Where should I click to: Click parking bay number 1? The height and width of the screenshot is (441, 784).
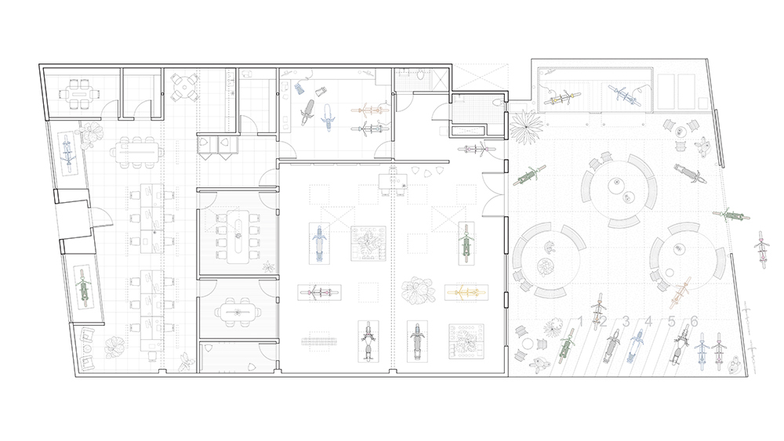coord(581,321)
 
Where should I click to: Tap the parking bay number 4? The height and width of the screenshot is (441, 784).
coord(648,321)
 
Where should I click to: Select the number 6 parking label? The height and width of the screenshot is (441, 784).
coord(694,321)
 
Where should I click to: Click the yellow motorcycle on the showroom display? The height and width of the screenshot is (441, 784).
coord(466,293)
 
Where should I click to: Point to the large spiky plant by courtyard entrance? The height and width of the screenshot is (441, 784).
coord(526,127)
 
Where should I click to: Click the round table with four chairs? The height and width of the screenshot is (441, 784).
coord(183,87)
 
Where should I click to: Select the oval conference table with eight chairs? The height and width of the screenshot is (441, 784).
coord(238,237)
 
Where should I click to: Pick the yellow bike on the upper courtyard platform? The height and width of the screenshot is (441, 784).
coord(564,98)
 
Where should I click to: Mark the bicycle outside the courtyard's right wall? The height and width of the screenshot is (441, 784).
coord(761,249)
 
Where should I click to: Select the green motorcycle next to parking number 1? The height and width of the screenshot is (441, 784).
coord(566,345)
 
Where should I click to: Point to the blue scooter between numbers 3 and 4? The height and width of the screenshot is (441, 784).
coord(636,345)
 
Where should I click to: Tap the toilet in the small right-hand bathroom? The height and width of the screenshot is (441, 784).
coord(498,103)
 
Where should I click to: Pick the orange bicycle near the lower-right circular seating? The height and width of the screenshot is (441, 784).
coord(680,295)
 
